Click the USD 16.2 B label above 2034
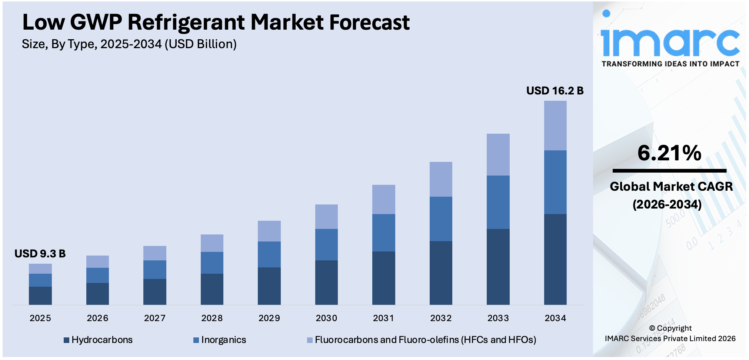point(555,91)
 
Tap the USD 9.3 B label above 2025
point(40,254)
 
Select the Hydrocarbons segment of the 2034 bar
point(555,259)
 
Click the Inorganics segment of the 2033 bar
point(498,202)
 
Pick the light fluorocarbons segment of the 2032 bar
point(441,179)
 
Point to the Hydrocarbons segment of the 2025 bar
point(40,296)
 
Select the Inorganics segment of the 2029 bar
point(269,254)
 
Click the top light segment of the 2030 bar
point(326,217)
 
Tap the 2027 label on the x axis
point(155,318)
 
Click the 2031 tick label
point(383,318)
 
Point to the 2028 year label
point(212,318)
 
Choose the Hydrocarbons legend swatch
point(67,340)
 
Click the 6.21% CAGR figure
point(669,153)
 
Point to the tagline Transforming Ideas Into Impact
point(670,64)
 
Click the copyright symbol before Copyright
point(652,329)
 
